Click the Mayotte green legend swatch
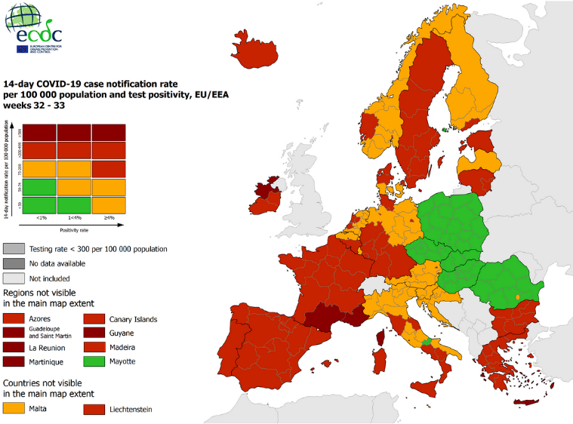pyautogui.click(x=94, y=361)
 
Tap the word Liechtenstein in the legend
pyautogui.click(x=131, y=409)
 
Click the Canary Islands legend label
pyautogui.click(x=133, y=319)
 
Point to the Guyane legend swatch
pyautogui.click(x=94, y=333)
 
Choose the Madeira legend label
pyautogui.click(x=122, y=347)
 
